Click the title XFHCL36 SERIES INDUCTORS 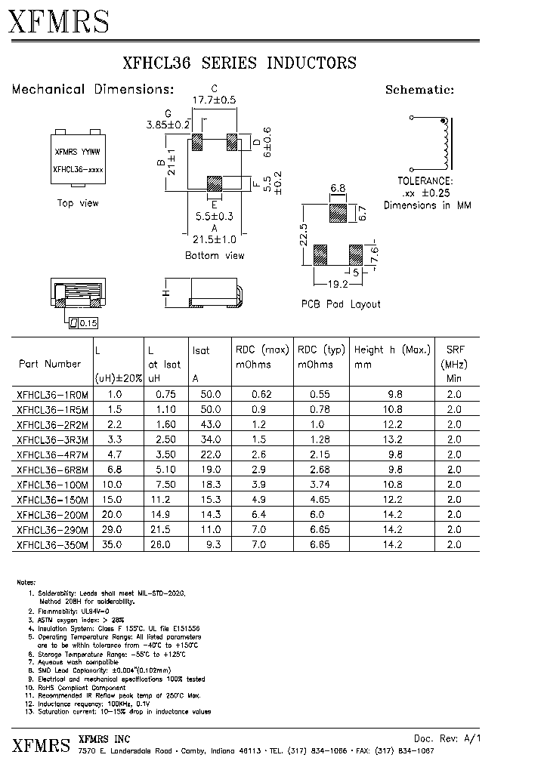pos(239,63)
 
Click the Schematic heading pos(419,89)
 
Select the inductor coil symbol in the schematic pos(446,143)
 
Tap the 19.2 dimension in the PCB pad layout pos(337,285)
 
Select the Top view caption pos(78,203)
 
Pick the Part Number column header pos(49,364)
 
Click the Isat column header pos(201,350)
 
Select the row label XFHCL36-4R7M pos(52,454)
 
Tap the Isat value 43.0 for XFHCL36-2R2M pos(211,424)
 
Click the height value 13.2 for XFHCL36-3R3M pos(393,439)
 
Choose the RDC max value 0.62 pos(261,394)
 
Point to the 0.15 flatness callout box pos(82,323)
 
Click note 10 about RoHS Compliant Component pos(83,688)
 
